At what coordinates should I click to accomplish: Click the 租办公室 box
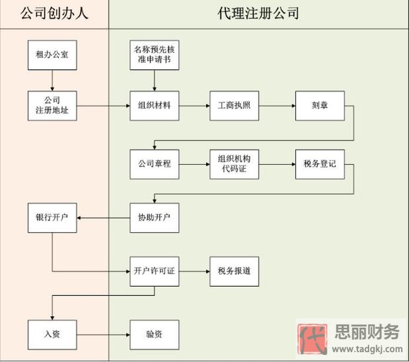[52, 55]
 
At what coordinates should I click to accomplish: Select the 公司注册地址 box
[52, 105]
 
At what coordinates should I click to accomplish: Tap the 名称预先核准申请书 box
[154, 55]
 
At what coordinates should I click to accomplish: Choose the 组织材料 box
[154, 105]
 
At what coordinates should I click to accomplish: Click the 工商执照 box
[234, 105]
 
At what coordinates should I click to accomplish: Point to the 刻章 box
[320, 105]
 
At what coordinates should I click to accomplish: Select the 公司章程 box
[154, 164]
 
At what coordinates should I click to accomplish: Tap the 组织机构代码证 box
[234, 164]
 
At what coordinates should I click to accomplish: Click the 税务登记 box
[320, 164]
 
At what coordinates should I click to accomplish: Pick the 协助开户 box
[154, 218]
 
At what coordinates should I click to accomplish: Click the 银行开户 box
[52, 218]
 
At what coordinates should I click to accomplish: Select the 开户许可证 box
[154, 271]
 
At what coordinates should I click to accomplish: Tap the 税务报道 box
[234, 271]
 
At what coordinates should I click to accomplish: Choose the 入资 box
[52, 334]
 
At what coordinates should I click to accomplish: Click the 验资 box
[154, 334]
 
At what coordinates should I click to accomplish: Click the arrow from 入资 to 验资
[103, 334]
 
